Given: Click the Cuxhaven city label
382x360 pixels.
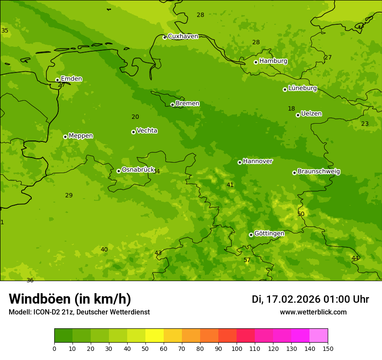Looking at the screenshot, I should [183, 36].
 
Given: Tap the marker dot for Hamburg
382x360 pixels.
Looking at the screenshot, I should [256, 62].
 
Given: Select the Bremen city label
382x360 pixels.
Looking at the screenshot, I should [187, 104].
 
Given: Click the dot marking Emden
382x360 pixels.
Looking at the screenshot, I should [57, 80].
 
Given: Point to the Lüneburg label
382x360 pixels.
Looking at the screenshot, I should [302, 88].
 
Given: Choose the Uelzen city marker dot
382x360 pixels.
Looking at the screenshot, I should [298, 115].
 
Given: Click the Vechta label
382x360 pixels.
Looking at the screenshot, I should [147, 131].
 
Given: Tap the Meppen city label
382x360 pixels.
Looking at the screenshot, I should [80, 136].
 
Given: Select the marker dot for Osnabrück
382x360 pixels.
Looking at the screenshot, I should [119, 171].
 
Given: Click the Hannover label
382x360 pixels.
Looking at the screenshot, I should [257, 161].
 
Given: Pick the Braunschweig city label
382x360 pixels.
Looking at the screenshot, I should [319, 171].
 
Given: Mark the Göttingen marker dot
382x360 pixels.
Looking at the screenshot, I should [251, 235].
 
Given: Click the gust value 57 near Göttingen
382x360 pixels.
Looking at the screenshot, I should [247, 260].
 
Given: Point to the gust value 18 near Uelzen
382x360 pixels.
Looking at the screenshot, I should [291, 109].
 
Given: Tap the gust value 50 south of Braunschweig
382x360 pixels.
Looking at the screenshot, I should [301, 214].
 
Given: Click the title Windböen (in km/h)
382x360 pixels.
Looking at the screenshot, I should [70, 299].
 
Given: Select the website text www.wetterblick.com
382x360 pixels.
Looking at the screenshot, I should [313, 312].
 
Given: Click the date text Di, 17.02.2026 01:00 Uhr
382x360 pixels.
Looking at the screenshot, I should [310, 299].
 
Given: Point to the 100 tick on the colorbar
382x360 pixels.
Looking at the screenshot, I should [237, 348].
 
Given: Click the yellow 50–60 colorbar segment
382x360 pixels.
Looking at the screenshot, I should [155, 335].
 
